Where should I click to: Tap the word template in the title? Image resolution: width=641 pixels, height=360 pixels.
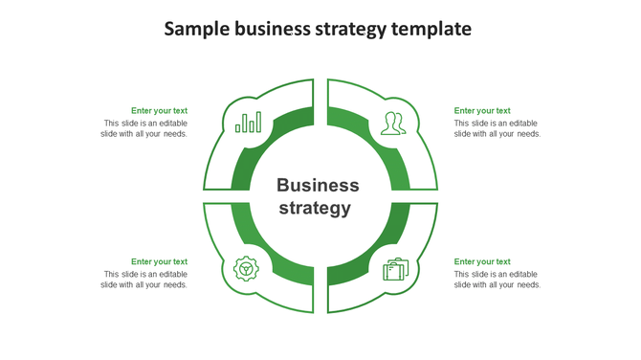point(431,30)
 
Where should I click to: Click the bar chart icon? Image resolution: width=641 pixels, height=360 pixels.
point(249,123)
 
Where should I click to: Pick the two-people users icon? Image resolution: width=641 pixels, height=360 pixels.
point(392,123)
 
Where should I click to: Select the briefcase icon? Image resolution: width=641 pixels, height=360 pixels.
point(395,269)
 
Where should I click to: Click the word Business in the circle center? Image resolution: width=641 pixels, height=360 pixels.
point(318,185)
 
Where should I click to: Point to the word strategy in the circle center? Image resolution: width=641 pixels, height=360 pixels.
point(314,208)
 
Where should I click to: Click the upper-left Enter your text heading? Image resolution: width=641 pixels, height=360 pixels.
point(159,111)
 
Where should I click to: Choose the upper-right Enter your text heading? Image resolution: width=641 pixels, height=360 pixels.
point(482,111)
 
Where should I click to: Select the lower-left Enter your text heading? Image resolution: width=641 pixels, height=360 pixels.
point(159,261)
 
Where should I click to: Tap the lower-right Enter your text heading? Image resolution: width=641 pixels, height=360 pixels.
point(482,261)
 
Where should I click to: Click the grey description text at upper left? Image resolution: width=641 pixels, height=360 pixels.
point(144,128)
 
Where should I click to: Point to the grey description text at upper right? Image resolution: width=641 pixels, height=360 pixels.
point(497,128)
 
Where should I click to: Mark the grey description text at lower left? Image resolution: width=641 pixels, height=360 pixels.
point(144,280)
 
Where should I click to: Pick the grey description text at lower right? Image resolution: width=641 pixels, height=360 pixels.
point(497,280)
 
